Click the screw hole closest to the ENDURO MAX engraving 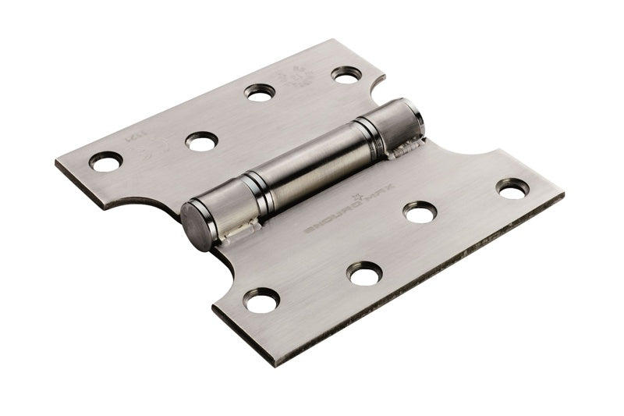click(x=420, y=212)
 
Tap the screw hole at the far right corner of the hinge click(x=512, y=188)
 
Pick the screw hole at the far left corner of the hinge click(x=105, y=161)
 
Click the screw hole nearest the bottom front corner click(x=261, y=300)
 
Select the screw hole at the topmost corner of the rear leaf click(x=346, y=75)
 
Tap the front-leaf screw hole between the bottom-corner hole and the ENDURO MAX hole click(x=365, y=273)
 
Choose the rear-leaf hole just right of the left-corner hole click(x=201, y=141)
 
